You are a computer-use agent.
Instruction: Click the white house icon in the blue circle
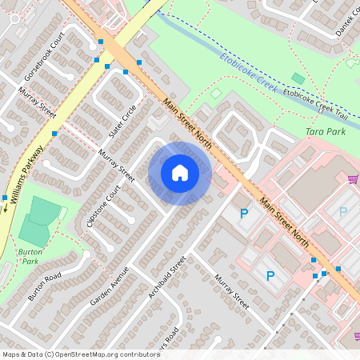[180, 173]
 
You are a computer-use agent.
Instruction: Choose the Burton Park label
[30, 256]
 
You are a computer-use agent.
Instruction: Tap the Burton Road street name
[44, 287]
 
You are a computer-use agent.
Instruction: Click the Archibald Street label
[167, 278]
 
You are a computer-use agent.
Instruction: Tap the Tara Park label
[326, 131]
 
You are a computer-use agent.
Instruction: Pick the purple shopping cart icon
[353, 178]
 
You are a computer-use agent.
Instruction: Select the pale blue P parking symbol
[343, 212]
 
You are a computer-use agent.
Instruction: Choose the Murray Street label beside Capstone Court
[117, 165]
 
